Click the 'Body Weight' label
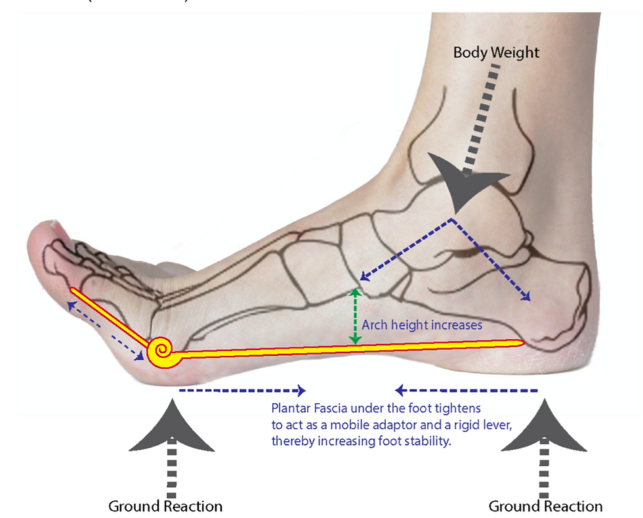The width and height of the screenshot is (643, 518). pyautogui.click(x=496, y=53)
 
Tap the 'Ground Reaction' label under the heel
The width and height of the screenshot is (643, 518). pyautogui.click(x=545, y=506)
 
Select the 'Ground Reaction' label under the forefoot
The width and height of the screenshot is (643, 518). pyautogui.click(x=165, y=506)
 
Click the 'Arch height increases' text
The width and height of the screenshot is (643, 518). pyautogui.click(x=423, y=324)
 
